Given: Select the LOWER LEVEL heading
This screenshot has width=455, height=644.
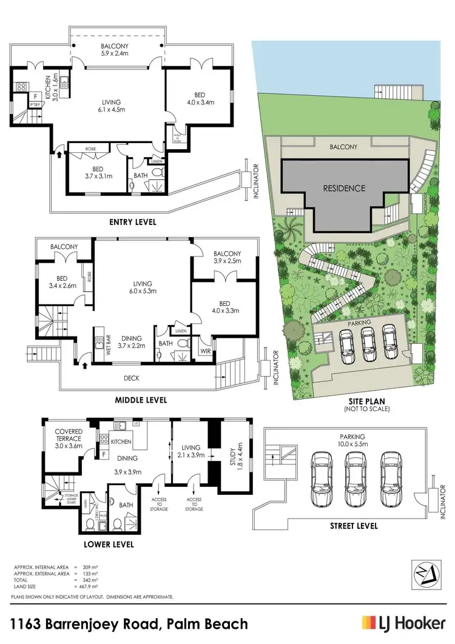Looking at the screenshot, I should [109, 545].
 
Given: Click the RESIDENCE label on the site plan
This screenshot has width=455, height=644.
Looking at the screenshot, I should [343, 188].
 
